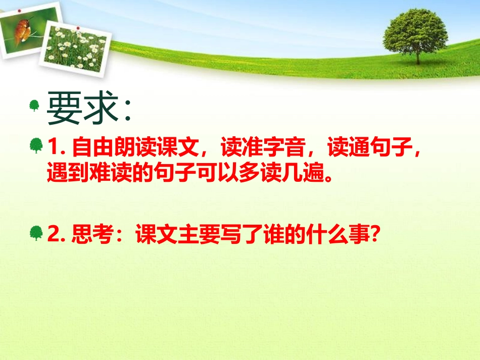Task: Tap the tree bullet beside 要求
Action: tap(34, 106)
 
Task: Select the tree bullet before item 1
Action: tap(36, 147)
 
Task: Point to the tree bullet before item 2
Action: tap(36, 233)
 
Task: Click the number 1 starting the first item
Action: tap(54, 148)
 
